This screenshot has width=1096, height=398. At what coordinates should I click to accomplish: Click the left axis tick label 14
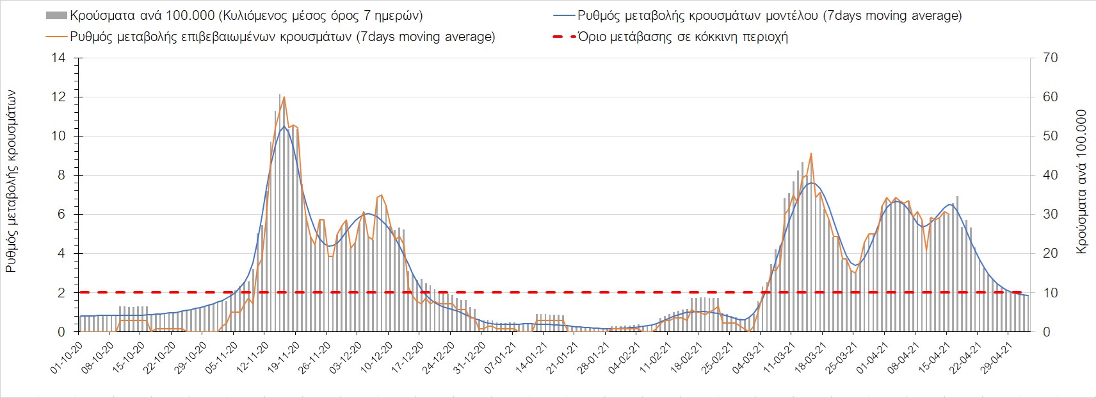58,58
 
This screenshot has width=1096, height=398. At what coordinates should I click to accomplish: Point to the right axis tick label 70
1050,58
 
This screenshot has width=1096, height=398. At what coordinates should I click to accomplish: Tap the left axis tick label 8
61,176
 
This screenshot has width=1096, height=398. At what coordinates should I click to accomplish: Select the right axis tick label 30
1050,215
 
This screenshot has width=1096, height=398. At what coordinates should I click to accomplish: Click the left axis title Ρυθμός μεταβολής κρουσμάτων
12,181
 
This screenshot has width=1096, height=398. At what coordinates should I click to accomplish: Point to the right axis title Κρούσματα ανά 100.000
1082,181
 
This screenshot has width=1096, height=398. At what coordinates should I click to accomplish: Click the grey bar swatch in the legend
56,15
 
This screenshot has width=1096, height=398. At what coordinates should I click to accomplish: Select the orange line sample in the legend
56,37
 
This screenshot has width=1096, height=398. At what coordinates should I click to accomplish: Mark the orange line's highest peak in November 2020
284,97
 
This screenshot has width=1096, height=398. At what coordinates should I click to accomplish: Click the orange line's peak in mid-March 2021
811,154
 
